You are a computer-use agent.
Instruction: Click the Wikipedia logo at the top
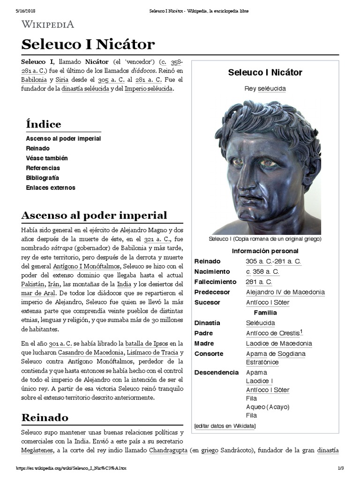click(48, 24)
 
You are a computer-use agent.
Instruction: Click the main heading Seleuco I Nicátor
click(88, 45)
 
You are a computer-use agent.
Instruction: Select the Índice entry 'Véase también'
click(47, 158)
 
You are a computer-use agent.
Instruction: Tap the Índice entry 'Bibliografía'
click(42, 178)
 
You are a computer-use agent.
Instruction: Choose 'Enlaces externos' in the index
click(50, 187)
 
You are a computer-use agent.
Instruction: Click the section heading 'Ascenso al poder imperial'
click(94, 216)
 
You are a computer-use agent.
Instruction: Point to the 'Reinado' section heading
click(45, 417)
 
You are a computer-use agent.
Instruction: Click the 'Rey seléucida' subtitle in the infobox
click(265, 89)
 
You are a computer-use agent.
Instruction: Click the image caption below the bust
click(265, 239)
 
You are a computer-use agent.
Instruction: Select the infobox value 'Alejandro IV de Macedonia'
click(285, 292)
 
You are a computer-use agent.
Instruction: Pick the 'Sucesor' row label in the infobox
click(207, 302)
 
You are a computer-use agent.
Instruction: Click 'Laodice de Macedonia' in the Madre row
click(278, 343)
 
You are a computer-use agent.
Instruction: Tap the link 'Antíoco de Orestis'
click(272, 333)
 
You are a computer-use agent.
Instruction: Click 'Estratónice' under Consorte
click(262, 362)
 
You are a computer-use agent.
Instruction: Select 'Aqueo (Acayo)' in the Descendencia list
click(267, 407)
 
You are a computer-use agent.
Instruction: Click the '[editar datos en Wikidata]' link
click(225, 426)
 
